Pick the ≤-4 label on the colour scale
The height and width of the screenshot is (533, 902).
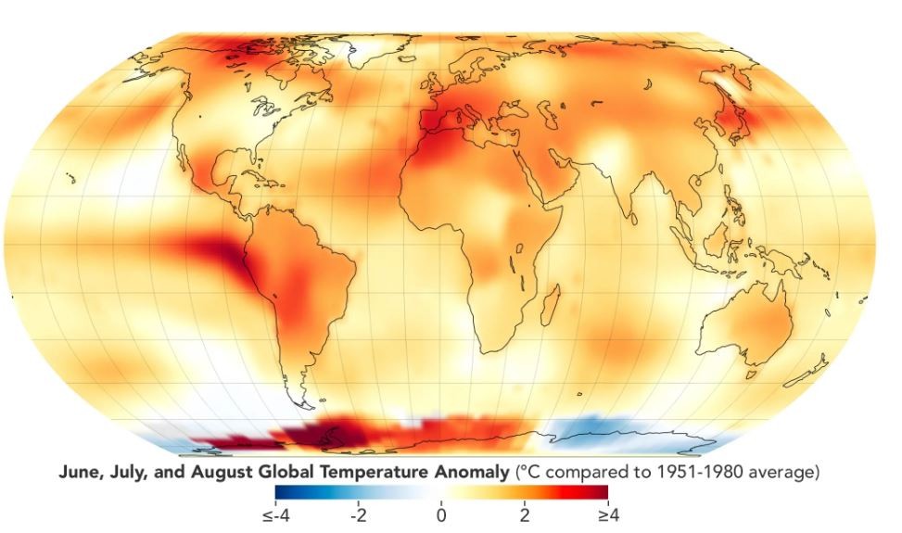[x=277, y=514]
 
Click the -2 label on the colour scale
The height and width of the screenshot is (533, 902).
[x=358, y=514]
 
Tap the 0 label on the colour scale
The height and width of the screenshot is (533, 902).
[x=441, y=514]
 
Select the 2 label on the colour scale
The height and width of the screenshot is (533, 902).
[x=524, y=514]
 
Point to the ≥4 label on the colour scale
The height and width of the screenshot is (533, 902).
[x=607, y=514]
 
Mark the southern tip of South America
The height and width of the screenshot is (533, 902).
[x=299, y=401]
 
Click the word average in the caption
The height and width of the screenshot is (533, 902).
[x=788, y=473]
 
